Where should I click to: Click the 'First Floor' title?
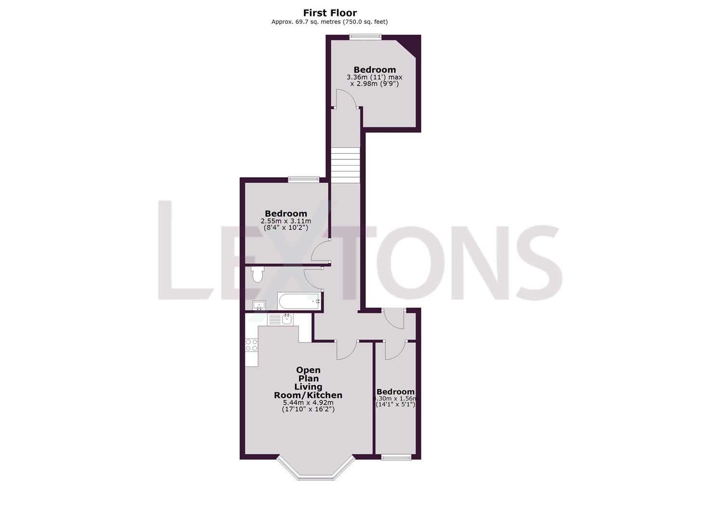330,13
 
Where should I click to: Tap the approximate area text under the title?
329,22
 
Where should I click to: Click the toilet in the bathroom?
258,274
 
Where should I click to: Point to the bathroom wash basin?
259,305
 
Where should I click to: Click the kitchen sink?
286,319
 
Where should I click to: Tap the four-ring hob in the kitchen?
251,345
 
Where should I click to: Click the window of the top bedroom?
365,36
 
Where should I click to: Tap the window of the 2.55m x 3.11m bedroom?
303,180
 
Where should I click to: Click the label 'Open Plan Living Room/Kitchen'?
308,383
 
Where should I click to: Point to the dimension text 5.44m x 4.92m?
308,403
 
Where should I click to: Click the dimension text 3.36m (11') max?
375,77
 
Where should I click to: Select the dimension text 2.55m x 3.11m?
286,221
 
